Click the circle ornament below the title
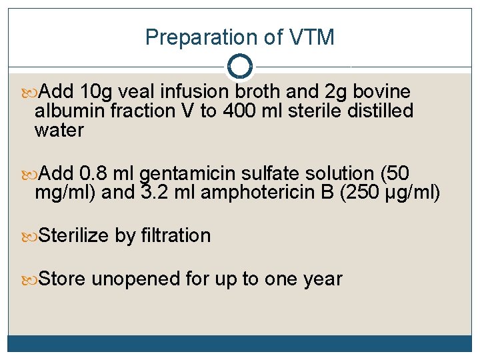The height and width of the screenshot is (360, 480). coord(239,67)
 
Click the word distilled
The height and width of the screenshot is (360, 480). coord(380,111)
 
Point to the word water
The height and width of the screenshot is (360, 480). coord(59,130)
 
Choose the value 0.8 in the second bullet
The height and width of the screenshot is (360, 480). coord(93,174)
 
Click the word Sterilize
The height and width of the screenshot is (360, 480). coord(74,235)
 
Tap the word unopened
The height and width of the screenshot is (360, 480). coord(136,279)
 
